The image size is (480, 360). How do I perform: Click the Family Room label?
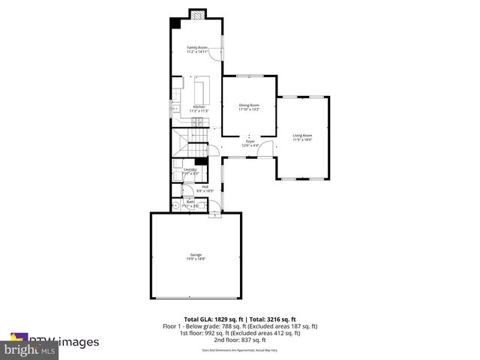(x=198, y=47)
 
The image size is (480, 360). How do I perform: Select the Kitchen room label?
(x=199, y=106)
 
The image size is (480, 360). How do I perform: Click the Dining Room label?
(x=249, y=105)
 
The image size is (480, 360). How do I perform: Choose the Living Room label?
(x=302, y=135)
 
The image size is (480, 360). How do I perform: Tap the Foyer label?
(x=250, y=140)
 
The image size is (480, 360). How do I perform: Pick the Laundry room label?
(x=190, y=169)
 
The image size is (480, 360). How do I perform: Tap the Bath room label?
(x=190, y=201)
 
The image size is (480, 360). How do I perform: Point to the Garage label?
(x=196, y=256)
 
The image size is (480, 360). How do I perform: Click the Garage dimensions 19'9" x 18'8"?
(x=196, y=260)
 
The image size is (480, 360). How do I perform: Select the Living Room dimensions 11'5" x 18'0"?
(x=302, y=139)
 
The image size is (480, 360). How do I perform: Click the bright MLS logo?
(x=30, y=350)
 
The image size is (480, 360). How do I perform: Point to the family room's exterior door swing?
(x=215, y=52)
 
